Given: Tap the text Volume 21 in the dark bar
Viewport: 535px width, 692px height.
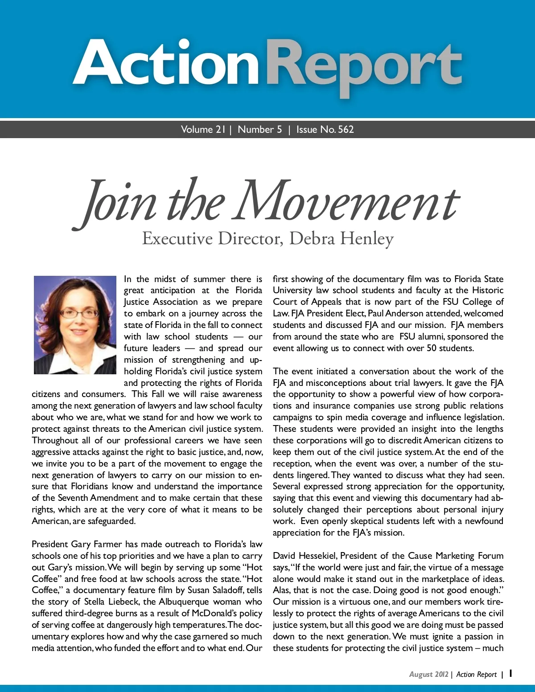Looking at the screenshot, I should pos(203,130).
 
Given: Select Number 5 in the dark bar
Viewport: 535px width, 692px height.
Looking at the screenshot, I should pos(260,130).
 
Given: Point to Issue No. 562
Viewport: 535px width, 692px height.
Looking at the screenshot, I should pos(325,130).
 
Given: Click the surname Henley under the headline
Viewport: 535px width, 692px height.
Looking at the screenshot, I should pos(367,239).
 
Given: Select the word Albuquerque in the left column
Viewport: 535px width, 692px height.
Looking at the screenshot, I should pos(184,602).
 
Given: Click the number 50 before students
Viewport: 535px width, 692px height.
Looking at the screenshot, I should pos(431,348).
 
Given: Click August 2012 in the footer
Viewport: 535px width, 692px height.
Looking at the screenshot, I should pos(428,675).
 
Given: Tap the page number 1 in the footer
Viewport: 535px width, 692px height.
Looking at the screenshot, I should pos(511,673).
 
